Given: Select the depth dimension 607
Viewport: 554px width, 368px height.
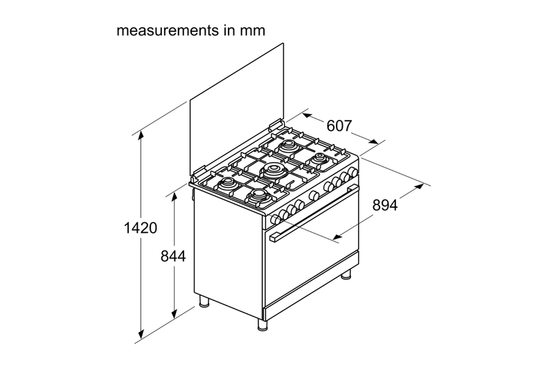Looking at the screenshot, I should click(x=339, y=126).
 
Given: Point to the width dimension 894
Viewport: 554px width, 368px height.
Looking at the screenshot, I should click(x=386, y=204).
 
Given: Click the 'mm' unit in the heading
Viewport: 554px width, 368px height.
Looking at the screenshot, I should click(x=253, y=31).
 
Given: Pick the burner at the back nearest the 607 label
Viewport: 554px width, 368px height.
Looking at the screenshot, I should click(x=287, y=146).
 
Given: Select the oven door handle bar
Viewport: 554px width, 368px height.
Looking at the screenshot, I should click(x=314, y=213).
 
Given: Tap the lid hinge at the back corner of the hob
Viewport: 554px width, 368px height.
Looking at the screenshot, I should click(x=274, y=126).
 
